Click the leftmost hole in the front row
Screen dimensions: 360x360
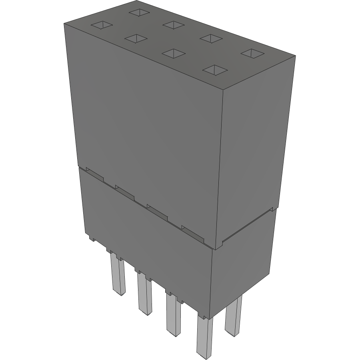tap(102, 26)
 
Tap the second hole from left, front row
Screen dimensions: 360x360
tap(136, 38)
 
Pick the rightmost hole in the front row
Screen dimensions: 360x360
tap(215, 70)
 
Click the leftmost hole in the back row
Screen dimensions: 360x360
tap(139, 12)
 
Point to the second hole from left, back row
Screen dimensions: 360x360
tap(173, 25)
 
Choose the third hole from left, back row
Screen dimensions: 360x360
tap(210, 38)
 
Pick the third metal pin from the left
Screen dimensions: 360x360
tap(173, 314)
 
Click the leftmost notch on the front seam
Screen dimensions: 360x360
tap(94, 174)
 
